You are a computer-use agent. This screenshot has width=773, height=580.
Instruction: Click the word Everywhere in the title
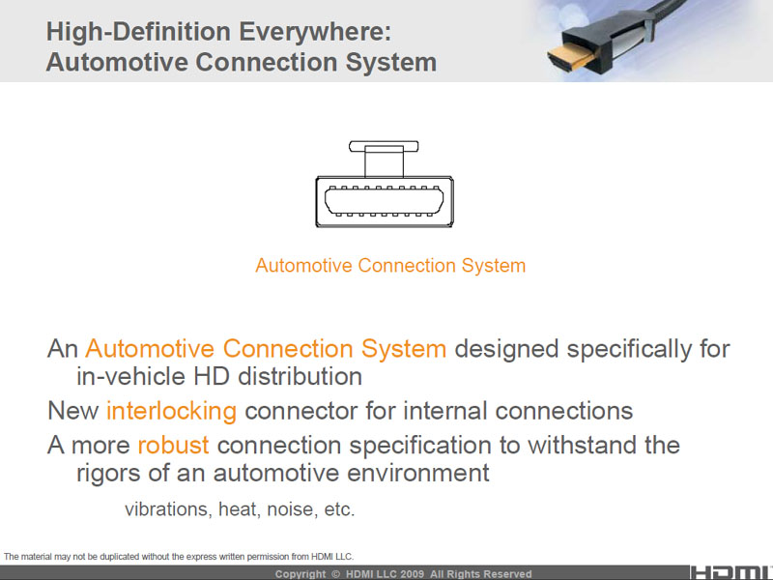tap(315, 33)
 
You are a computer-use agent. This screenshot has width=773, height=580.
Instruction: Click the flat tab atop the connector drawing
tap(384, 146)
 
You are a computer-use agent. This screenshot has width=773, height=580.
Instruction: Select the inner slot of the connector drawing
tap(384, 201)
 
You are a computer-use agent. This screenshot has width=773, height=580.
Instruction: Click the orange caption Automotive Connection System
tap(390, 265)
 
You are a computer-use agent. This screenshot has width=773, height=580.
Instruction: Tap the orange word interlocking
tap(172, 411)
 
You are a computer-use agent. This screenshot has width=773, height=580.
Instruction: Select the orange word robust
tap(173, 445)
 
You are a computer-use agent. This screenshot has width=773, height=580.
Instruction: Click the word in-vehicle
tap(130, 376)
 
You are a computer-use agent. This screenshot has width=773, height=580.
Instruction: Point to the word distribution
tap(301, 376)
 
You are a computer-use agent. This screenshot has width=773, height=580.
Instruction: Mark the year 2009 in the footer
tap(412, 574)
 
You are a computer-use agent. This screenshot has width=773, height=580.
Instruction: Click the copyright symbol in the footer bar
tap(335, 574)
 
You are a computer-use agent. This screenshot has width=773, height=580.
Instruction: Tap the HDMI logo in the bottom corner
tap(731, 572)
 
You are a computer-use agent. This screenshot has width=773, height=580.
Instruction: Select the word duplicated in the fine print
tap(119, 557)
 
